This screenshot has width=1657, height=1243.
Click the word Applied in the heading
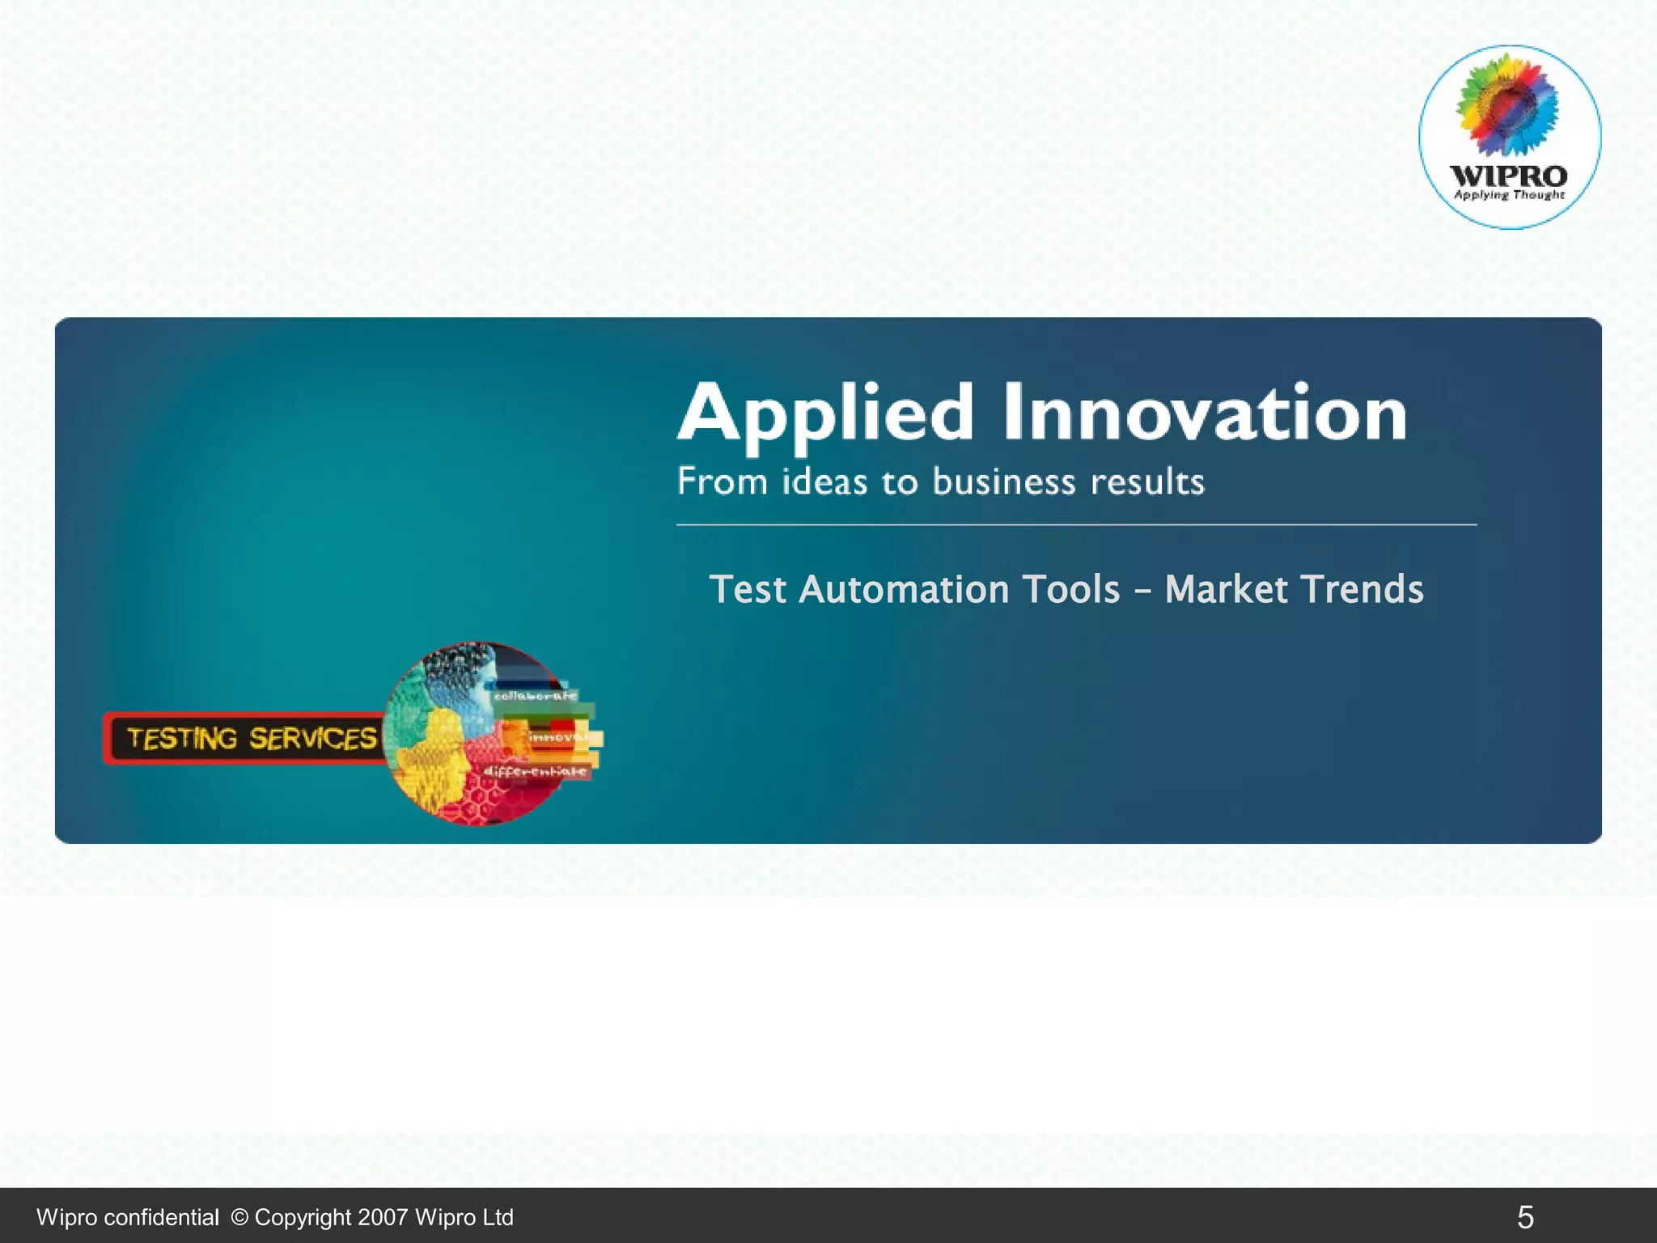coord(825,414)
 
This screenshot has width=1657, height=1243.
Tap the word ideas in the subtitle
coord(823,482)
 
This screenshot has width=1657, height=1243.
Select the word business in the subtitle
coord(1003,482)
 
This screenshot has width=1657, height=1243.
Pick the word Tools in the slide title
coord(1071,589)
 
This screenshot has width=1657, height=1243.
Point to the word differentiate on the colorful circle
coord(535,771)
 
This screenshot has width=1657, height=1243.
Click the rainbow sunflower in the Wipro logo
coord(1507,105)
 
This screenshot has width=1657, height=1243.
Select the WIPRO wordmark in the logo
coord(1508,175)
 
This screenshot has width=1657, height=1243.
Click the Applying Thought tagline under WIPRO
coord(1509,195)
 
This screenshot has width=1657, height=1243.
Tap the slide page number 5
coord(1525,1217)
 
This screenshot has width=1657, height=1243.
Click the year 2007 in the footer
coord(383,1217)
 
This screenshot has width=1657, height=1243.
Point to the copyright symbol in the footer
coord(239,1217)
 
